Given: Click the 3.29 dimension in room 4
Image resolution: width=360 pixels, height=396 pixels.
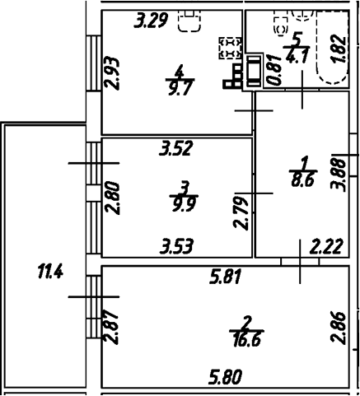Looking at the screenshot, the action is [151, 21].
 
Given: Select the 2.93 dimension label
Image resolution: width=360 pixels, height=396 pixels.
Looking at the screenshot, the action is [113, 73].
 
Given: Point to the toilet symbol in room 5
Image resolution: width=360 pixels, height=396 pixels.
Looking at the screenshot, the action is [281, 26].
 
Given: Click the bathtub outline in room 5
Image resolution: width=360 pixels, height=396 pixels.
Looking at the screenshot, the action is [333, 47].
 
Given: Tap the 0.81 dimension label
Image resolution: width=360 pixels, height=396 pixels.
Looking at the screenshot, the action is [274, 69].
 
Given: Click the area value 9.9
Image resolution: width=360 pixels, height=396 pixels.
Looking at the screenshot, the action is [184, 204].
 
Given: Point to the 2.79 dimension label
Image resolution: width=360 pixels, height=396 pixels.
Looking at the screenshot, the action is [241, 213].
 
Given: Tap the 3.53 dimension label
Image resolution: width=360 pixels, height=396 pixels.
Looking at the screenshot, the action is [177, 246].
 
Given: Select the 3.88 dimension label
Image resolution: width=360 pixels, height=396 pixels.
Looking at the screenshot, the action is [338, 175].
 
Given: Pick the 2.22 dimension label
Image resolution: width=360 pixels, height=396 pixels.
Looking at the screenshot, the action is [326, 247].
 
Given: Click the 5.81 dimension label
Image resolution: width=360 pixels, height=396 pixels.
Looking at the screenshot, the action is [225, 277].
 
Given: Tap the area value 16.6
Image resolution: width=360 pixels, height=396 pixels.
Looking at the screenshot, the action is [247, 340].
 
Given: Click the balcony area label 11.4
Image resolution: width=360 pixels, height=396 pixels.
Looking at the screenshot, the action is [50, 271].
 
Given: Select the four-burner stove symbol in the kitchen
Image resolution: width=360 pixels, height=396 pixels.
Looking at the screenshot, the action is [230, 48].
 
